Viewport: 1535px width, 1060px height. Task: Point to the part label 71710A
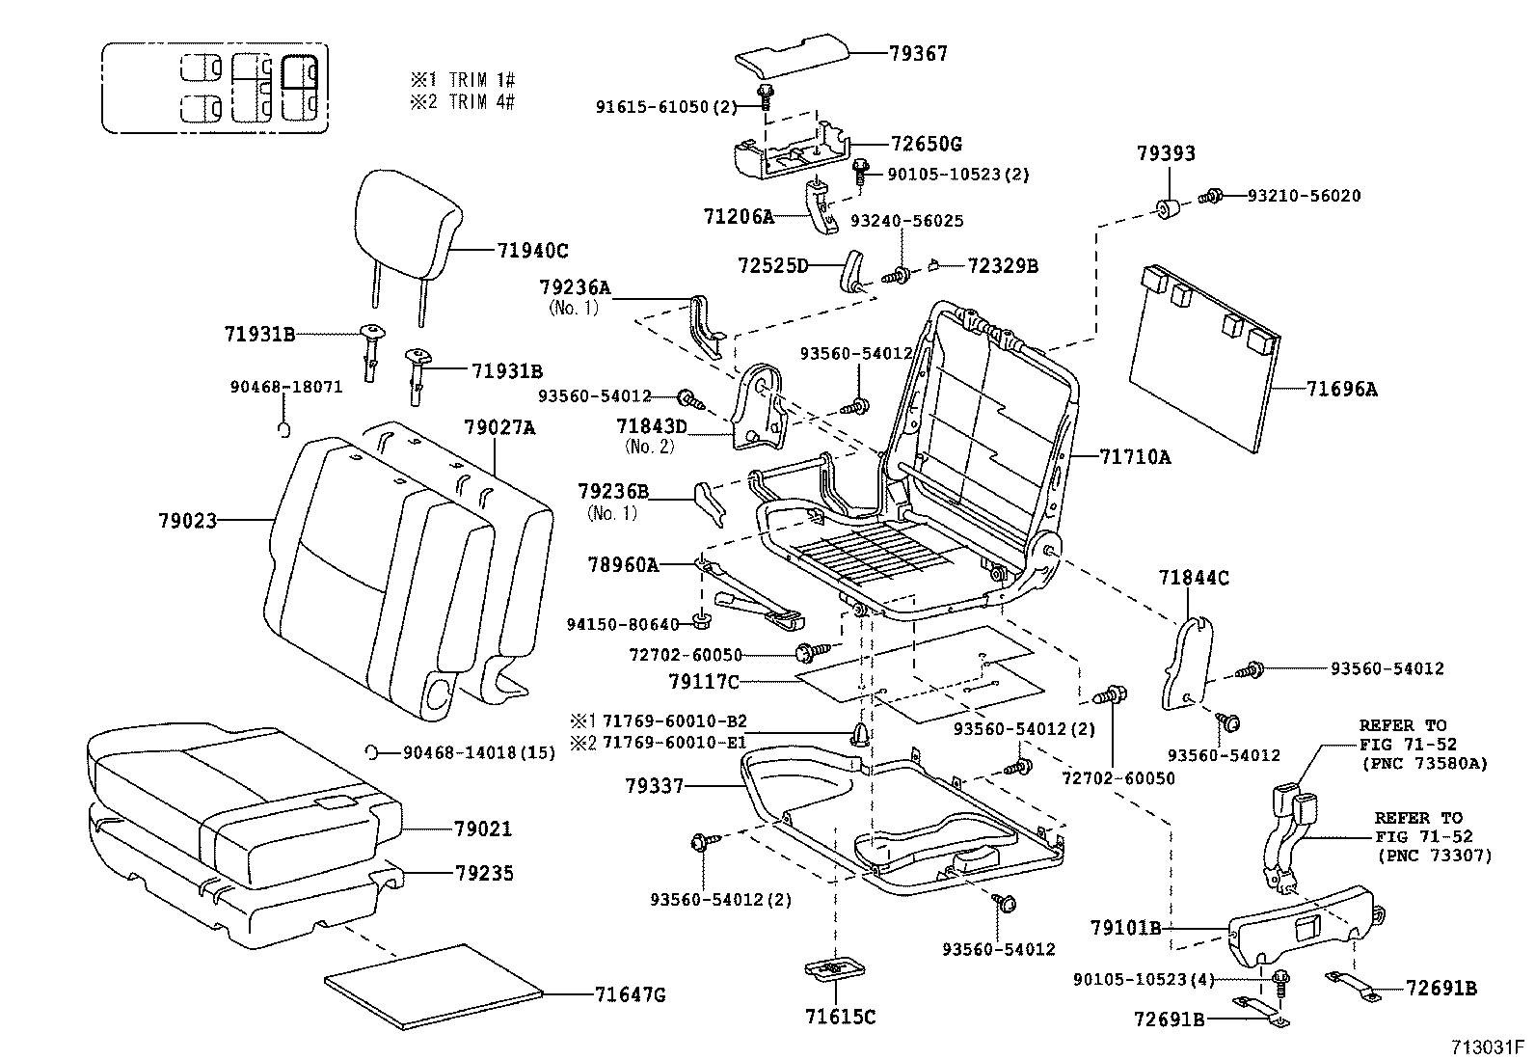1135,457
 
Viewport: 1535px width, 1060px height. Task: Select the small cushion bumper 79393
1169,207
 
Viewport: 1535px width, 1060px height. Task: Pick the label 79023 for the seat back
187,521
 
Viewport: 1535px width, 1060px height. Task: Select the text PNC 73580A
1425,763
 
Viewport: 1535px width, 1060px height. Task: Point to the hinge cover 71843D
762,405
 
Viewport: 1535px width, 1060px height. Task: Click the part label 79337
654,787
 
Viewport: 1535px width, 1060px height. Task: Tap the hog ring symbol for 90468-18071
284,427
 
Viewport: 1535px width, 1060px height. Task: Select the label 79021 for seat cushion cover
483,829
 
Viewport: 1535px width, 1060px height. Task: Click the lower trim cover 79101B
1302,926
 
